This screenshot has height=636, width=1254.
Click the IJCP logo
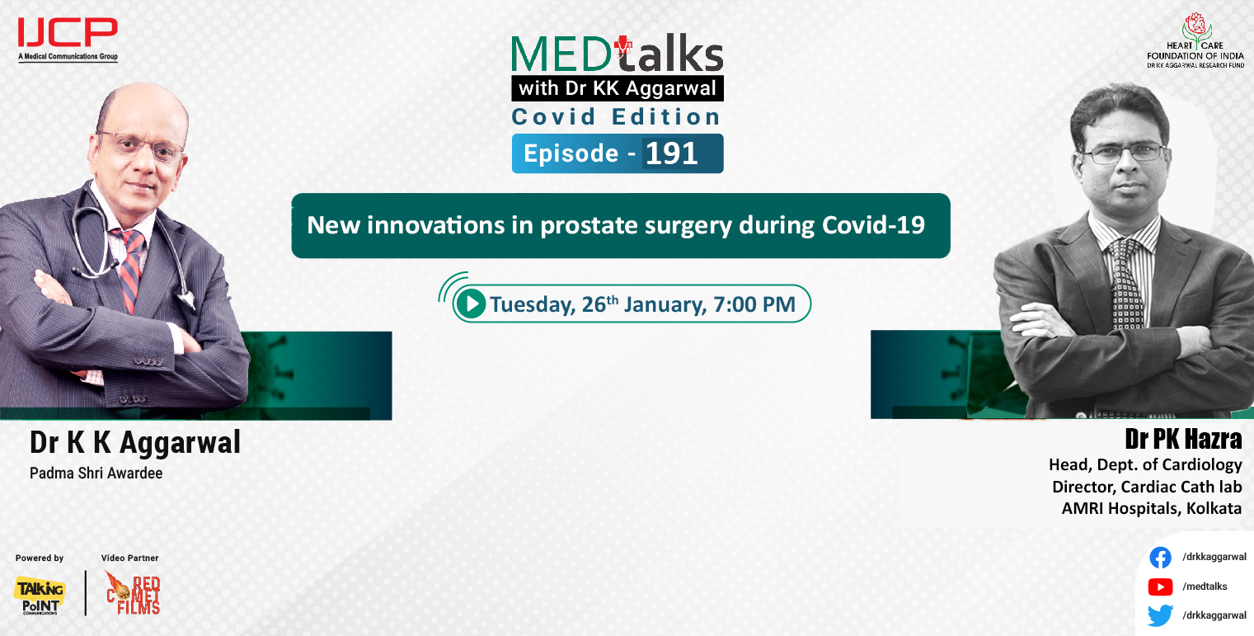tap(68, 35)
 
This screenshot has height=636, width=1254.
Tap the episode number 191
tap(672, 154)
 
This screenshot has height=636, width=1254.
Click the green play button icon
tap(471, 304)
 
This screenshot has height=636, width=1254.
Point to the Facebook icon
tap(1160, 558)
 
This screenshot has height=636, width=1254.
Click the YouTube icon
tap(1160, 587)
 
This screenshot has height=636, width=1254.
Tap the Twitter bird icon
tap(1160, 615)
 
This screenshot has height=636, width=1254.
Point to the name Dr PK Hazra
tap(1182, 439)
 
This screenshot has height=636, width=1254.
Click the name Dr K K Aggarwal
tap(135, 443)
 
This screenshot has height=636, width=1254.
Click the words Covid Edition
tap(617, 117)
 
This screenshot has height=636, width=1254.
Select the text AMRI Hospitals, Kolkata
tap(1151, 508)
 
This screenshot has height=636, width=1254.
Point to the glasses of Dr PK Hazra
tap(1123, 153)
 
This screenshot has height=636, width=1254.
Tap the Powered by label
tap(40, 558)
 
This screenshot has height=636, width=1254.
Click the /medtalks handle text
tap(1205, 587)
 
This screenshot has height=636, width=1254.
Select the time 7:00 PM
tap(754, 305)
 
